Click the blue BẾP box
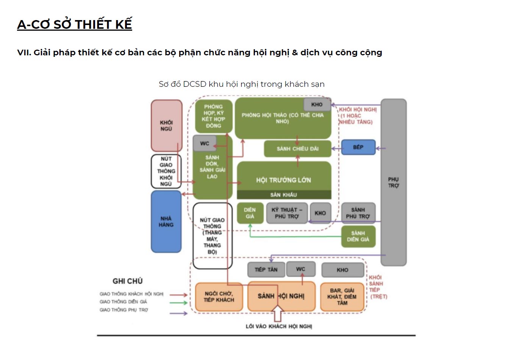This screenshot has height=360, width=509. pyautogui.click(x=358, y=147)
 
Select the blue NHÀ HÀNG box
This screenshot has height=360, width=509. pyautogui.click(x=166, y=221)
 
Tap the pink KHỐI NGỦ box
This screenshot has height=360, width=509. pyautogui.click(x=166, y=125)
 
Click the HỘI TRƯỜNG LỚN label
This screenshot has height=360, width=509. pyautogui.click(x=283, y=180)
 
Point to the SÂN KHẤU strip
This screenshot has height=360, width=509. pyautogui.click(x=284, y=195)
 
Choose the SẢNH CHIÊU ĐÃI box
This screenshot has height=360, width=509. pyautogui.click(x=297, y=149)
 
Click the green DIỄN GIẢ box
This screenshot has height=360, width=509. pyautogui.click(x=250, y=213)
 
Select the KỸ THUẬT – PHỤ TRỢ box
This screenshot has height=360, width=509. pyautogui.click(x=287, y=213)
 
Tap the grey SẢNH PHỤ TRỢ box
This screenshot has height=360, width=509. pyautogui.click(x=358, y=213)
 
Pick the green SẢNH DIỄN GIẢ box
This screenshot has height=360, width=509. pyautogui.click(x=358, y=236)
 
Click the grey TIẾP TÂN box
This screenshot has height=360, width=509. pyautogui.click(x=266, y=269)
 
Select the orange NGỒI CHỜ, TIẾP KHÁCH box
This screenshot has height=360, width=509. pyautogui.click(x=219, y=297)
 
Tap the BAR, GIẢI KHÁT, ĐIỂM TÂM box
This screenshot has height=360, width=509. pyautogui.click(x=342, y=297)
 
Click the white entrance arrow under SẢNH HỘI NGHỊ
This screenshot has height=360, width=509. pyautogui.click(x=278, y=313)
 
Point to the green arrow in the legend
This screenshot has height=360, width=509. pyautogui.click(x=178, y=302)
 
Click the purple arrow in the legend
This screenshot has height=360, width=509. pyautogui.click(x=178, y=313)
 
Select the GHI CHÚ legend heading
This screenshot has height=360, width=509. pyautogui.click(x=128, y=281)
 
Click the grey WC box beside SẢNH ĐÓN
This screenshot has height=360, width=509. pyautogui.click(x=205, y=143)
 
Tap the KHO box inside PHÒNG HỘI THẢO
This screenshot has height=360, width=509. pyautogui.click(x=317, y=105)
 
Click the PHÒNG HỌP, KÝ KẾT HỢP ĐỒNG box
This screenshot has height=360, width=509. pyautogui.click(x=214, y=116)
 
